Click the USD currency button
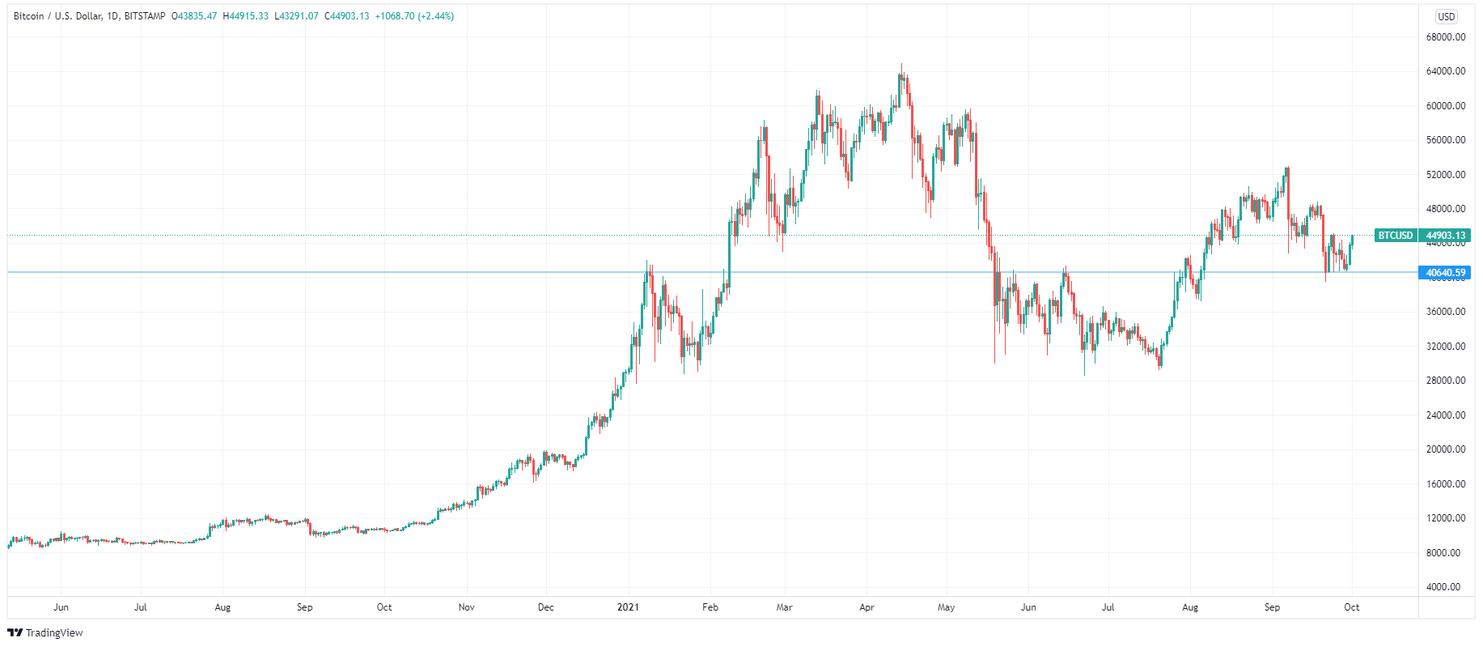tap(1446, 16)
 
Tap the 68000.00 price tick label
tap(1446, 37)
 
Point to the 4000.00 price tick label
tap(1448, 587)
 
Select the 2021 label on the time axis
tap(628, 607)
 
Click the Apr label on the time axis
tap(866, 607)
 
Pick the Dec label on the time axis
tap(546, 607)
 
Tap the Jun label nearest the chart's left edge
tap(61, 607)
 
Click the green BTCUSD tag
tap(1396, 236)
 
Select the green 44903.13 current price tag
tap(1446, 236)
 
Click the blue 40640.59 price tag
tap(1446, 273)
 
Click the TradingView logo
tap(45, 632)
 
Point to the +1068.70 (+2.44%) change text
tap(414, 16)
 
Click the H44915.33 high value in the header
tap(246, 16)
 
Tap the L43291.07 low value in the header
tap(297, 16)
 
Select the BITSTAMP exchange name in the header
tap(145, 16)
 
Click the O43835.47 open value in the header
tap(195, 16)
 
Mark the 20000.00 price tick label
tap(1446, 449)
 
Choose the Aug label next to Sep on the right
tap(1190, 607)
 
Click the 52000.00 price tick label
tap(1446, 175)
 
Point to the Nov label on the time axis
tap(466, 607)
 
